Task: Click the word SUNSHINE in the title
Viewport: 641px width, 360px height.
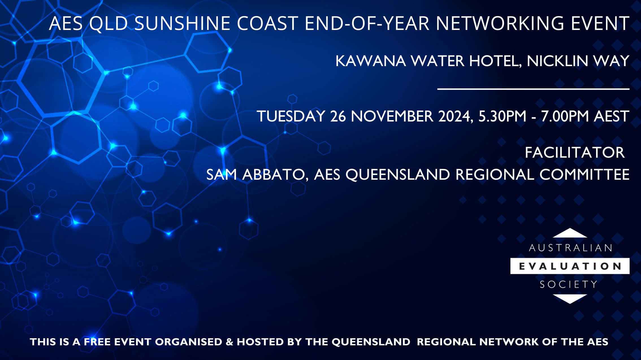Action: click(183, 23)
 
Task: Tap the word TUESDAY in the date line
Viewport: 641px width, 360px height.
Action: click(291, 116)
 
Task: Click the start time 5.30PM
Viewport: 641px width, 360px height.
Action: click(502, 116)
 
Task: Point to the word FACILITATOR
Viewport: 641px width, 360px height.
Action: click(575, 153)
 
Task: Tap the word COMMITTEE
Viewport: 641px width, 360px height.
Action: click(584, 174)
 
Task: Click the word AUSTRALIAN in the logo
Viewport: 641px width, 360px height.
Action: click(570, 248)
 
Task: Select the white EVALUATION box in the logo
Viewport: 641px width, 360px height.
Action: click(570, 266)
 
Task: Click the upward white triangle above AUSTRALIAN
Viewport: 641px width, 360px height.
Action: click(570, 234)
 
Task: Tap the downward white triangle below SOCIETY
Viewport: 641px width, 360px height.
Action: click(570, 298)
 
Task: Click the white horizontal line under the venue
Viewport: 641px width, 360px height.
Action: click(533, 89)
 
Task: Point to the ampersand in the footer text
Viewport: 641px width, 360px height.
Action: click(229, 342)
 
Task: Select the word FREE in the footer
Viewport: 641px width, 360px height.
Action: click(98, 342)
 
